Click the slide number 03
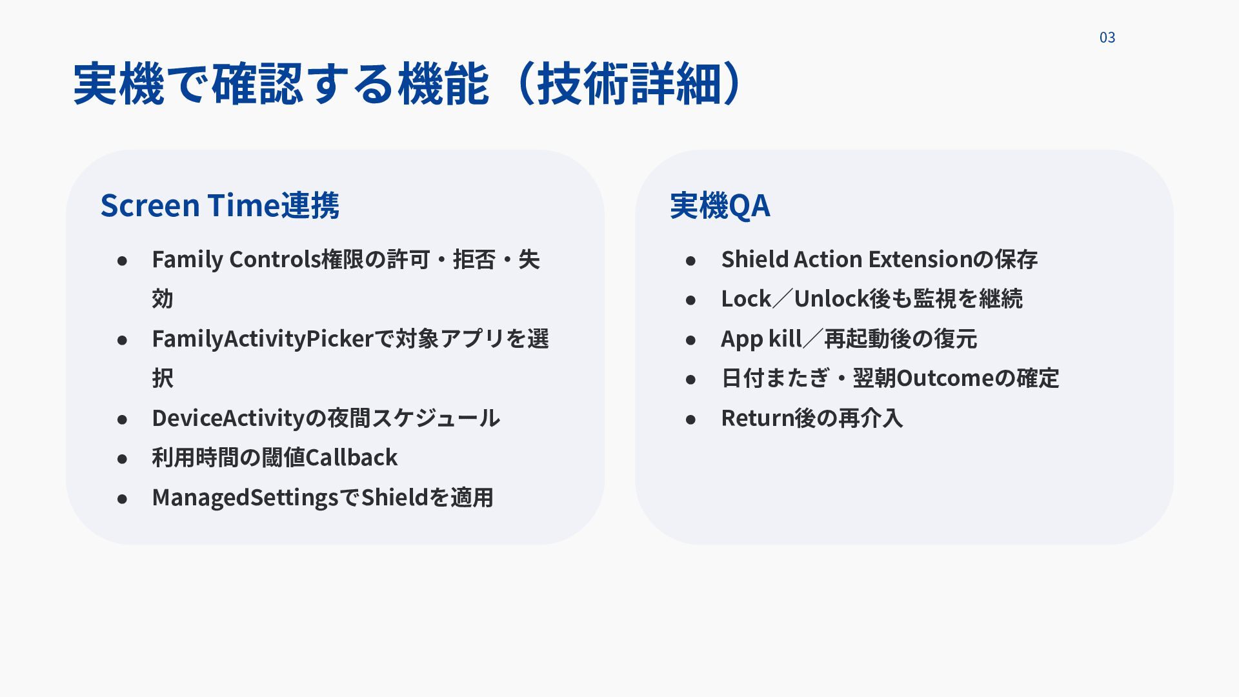(1107, 37)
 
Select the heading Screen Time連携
(219, 205)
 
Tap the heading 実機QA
(720, 205)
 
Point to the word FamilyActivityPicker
(263, 339)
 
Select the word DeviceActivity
(228, 418)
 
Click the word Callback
(351, 458)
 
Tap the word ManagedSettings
(245, 498)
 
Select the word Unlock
(831, 299)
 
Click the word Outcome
(945, 378)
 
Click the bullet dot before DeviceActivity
(123, 419)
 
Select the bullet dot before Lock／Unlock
(691, 300)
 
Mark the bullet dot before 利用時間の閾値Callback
(123, 459)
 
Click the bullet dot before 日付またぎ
(691, 379)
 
